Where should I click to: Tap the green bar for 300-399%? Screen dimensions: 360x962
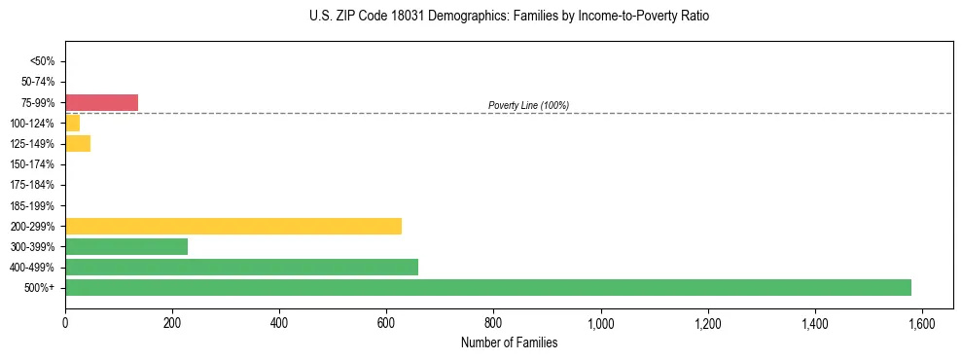pos(126,246)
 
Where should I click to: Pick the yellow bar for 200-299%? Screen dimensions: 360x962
pos(233,226)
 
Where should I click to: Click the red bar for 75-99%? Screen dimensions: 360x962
pos(101,102)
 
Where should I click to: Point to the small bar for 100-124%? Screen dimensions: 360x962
pos(72,123)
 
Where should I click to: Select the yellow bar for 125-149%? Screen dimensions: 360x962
pos(78,143)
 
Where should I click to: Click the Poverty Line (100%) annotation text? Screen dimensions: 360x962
pos(528,105)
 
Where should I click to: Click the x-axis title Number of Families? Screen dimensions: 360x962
pos(509,342)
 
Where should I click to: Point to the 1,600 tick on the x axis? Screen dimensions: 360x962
pos(921,323)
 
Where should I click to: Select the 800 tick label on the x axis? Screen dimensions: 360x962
pos(493,323)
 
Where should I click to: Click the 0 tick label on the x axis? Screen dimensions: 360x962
pos(65,323)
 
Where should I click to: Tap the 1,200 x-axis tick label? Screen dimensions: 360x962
pos(707,323)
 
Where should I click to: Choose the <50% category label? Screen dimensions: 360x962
pos(42,61)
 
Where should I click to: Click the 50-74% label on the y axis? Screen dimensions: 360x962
pos(37,82)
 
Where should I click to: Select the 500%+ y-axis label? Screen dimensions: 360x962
pos(40,288)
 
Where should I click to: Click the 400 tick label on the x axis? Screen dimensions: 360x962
pos(279,323)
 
